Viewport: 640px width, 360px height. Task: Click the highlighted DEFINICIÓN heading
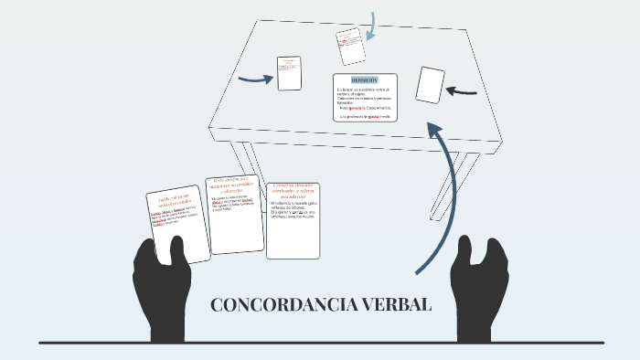coord(365,80)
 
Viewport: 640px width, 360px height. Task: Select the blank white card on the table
coord(430,84)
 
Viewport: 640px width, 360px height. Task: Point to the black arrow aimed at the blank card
coord(464,90)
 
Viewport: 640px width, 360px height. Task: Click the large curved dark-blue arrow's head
coord(442,135)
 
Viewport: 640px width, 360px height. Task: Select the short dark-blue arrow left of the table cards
coord(255,78)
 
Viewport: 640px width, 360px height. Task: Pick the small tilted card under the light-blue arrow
coord(348,41)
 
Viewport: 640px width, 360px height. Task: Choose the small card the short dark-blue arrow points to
coord(290,73)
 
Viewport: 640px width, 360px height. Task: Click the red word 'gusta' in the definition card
coord(374,117)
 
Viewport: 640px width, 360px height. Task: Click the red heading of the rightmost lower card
coord(293,190)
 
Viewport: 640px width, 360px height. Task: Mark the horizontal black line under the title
coord(320,344)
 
